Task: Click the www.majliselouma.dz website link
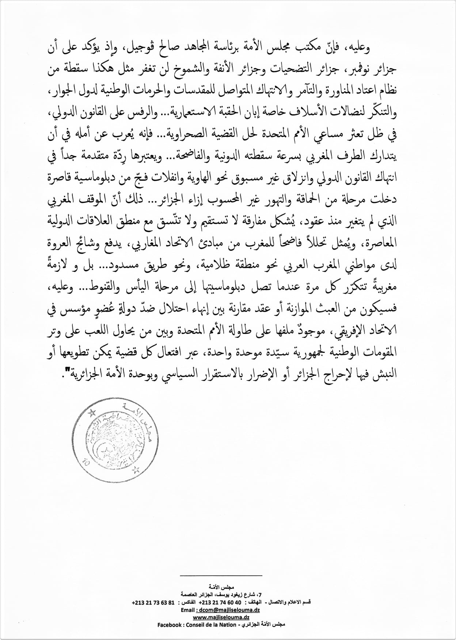pyautogui.click(x=219, y=617)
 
